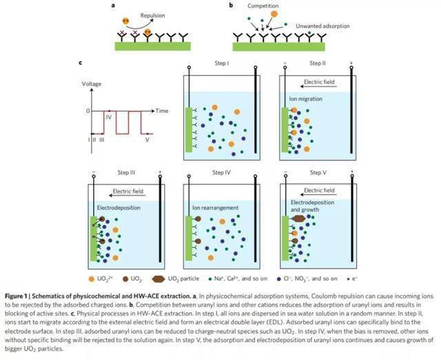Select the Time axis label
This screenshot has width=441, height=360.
(x=162, y=110)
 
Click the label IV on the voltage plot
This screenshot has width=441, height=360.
(x=109, y=118)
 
